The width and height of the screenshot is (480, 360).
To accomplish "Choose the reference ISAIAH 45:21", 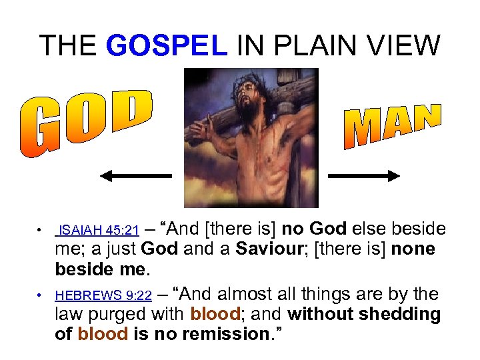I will point(99,231).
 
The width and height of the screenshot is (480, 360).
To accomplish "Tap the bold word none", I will point(412,249).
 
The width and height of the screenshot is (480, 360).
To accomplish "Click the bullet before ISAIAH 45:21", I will point(41,231).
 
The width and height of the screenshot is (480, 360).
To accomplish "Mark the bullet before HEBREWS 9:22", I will point(41,295).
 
